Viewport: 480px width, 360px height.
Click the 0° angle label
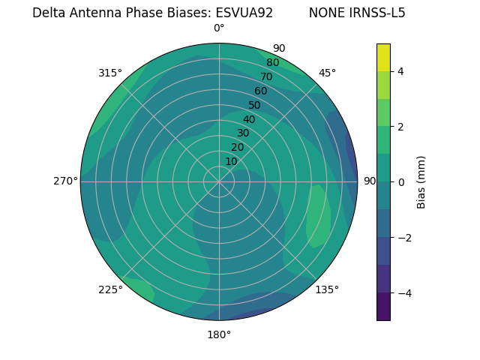219,28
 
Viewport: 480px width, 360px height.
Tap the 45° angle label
327,73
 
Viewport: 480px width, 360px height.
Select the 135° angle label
327,289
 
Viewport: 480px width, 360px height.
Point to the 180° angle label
219,334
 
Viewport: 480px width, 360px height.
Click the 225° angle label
110,290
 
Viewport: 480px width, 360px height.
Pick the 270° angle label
65,181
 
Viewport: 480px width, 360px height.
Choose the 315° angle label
110,73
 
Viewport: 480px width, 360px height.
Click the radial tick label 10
231,161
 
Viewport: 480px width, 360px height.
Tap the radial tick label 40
249,119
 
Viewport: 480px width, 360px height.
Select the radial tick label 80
272,63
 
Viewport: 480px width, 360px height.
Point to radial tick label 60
260,91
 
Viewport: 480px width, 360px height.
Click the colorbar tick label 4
400,71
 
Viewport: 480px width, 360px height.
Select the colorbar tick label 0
400,182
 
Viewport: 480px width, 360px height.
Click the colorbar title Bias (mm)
421,181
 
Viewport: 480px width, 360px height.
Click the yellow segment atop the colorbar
383,57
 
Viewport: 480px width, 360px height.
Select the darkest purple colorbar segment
383,306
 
